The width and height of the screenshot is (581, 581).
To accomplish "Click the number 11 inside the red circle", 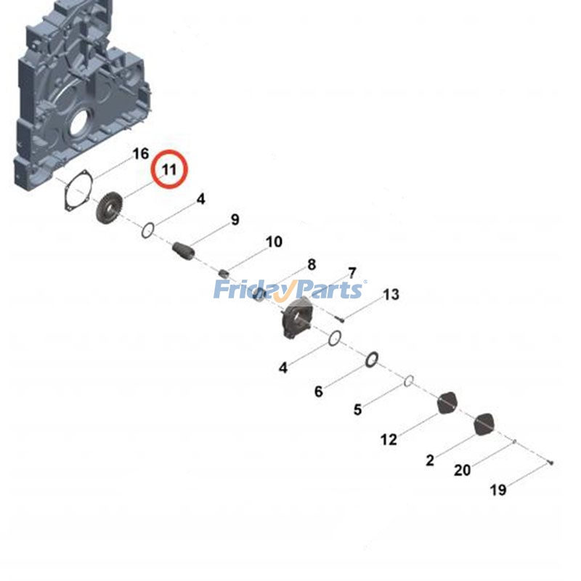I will [169, 170].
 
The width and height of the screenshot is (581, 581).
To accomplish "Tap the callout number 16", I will [140, 154].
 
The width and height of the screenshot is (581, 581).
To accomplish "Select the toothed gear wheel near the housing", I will [110, 208].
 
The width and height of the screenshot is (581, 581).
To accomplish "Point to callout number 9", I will [235, 220].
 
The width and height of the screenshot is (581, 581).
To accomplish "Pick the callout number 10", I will [274, 242].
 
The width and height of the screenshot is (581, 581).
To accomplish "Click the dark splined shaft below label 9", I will [184, 251].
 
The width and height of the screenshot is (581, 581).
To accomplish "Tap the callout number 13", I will [391, 295].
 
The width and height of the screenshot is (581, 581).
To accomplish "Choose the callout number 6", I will [318, 392].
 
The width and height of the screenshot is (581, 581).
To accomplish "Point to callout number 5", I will [357, 410].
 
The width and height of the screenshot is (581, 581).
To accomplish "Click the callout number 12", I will [389, 439].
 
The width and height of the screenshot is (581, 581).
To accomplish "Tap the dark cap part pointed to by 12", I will [448, 402].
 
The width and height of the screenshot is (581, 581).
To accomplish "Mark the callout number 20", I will [462, 471].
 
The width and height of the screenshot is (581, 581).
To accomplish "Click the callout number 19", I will [497, 490].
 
